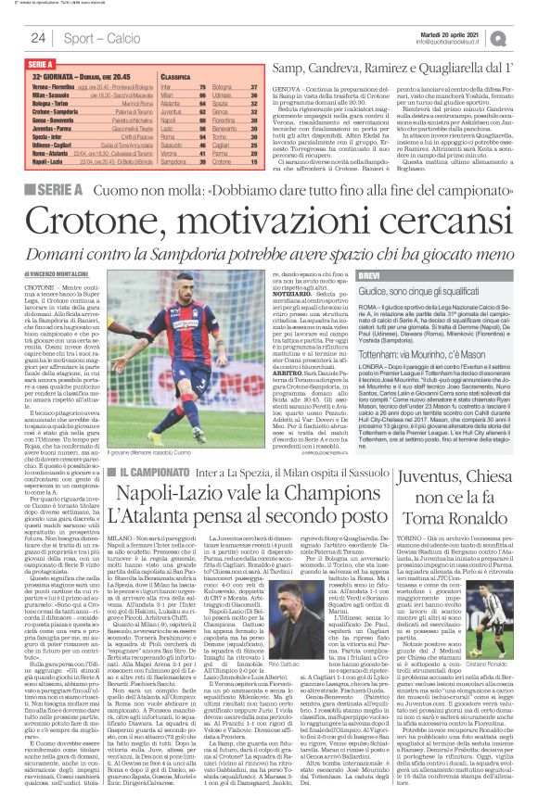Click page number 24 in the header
click(x=38, y=37)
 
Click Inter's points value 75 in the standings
click(x=206, y=85)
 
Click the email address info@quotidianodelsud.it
click(x=459, y=43)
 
